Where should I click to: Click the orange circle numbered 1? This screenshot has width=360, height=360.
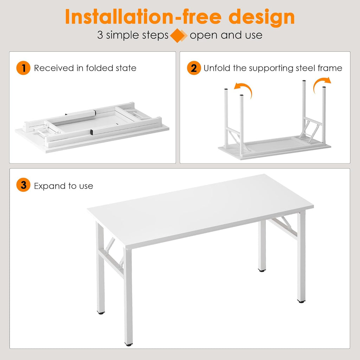pos(24,68)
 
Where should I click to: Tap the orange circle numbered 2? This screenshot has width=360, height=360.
pos(194,68)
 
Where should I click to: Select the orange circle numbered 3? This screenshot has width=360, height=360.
pos(24,185)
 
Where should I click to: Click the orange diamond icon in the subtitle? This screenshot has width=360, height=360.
pos(179,36)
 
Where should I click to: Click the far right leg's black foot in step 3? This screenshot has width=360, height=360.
pos(301,301)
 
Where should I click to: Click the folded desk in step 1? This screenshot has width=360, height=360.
pos(91,127)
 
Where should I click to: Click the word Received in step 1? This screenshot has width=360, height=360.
pos(54,68)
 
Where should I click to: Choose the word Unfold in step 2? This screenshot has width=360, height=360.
pos(217,68)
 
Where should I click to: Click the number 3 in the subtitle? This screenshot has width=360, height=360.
pos(100,36)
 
